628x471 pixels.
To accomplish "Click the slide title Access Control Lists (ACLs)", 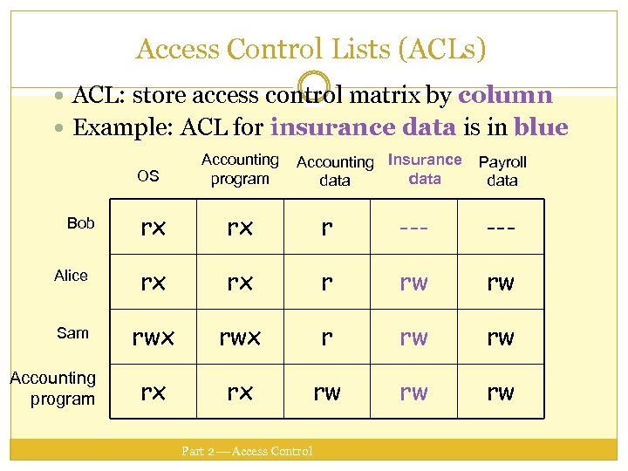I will [311, 49].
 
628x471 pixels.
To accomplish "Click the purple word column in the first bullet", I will [505, 95].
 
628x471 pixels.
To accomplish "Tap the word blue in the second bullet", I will [541, 128].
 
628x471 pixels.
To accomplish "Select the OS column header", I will [148, 176].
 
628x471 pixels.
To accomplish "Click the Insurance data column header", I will [425, 169].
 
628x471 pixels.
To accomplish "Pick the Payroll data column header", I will [502, 171].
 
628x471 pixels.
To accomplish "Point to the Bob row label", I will [80, 223].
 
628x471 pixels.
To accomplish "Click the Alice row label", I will [71, 276].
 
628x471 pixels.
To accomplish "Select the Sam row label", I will [72, 332].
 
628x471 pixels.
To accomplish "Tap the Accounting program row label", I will [54, 388].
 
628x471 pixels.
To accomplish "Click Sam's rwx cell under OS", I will [153, 337].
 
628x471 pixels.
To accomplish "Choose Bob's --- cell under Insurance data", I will [413, 227].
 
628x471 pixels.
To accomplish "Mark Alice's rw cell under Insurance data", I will [413, 282].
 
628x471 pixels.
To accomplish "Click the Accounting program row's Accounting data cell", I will [326, 392].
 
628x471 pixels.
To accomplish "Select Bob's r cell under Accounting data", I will [326, 227].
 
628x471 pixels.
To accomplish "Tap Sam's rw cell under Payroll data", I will [501, 337].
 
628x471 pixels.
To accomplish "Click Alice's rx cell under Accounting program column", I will [240, 282].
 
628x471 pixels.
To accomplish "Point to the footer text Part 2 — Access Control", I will [247, 451].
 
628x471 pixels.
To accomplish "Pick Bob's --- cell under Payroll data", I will [501, 227].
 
